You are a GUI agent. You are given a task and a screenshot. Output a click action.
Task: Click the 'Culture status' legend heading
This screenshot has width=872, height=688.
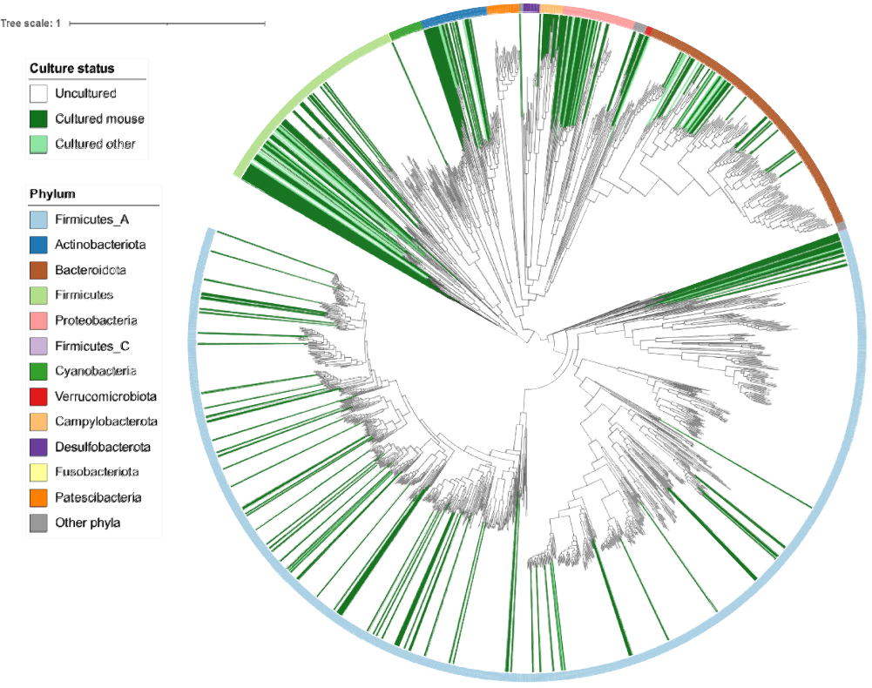point(72,68)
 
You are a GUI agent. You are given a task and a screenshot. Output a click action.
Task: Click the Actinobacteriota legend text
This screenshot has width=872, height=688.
point(101,245)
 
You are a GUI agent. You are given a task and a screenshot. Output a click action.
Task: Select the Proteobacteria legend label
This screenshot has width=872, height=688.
point(96,320)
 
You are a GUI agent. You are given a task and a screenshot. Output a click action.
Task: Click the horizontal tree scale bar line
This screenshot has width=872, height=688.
point(166,24)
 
